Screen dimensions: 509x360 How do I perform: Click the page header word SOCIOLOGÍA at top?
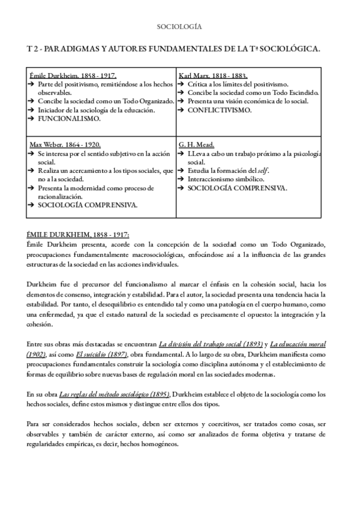179,27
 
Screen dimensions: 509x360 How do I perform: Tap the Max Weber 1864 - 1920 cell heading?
65,145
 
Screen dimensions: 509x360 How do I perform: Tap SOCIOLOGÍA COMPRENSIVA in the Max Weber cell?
88,205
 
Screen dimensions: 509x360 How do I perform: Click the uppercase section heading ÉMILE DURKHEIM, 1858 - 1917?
78,235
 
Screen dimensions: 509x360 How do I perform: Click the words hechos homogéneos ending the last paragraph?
148,444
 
